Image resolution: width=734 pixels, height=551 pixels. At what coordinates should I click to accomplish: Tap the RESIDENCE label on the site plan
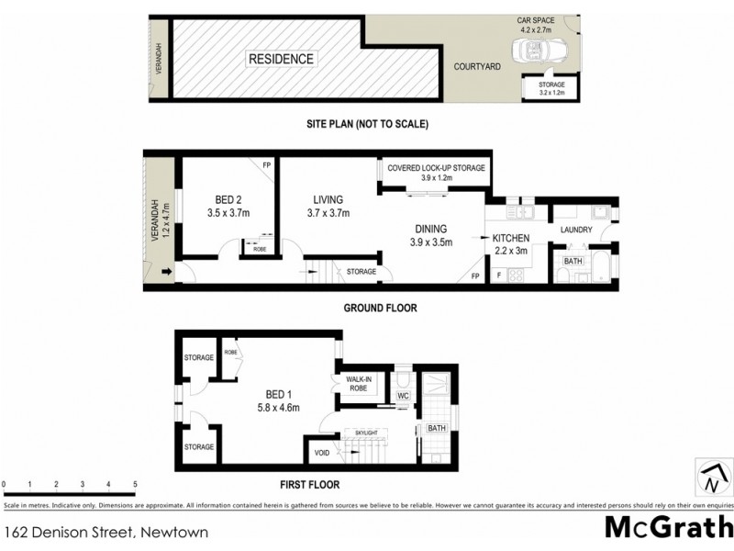pos(280,60)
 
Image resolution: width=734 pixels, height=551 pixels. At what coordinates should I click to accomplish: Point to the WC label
pos(402,397)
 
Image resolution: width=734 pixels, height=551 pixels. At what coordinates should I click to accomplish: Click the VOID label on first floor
pos(321,452)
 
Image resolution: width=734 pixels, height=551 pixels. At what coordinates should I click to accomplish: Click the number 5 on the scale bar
pos(135,483)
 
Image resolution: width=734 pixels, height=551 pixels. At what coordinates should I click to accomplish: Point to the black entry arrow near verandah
pos(167,272)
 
